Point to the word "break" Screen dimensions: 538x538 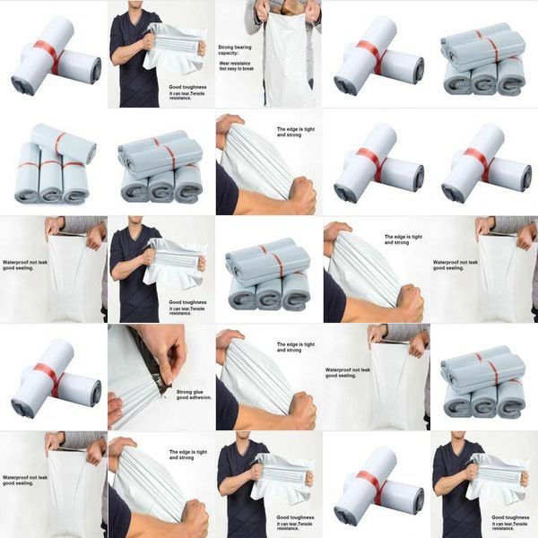click(x=255, y=71)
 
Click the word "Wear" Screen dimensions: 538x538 click(x=226, y=64)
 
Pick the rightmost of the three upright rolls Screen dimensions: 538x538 click(x=75, y=179)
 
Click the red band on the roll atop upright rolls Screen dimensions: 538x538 click(x=59, y=143)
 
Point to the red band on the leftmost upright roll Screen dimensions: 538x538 click(x=26, y=165)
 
